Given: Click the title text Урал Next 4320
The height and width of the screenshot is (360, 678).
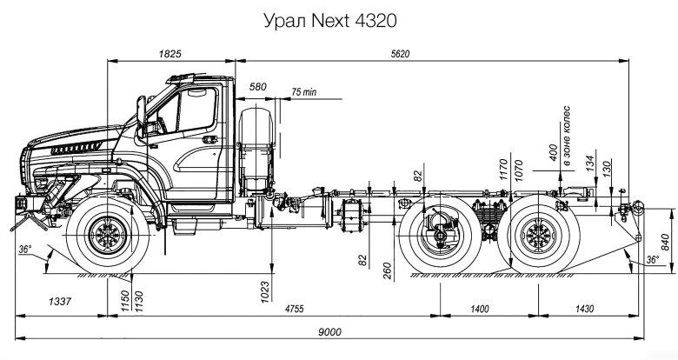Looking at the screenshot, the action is [x=330, y=21].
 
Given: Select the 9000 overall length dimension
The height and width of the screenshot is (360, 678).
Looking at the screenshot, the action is [x=329, y=332].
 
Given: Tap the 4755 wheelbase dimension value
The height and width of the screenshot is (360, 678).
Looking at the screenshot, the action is [x=294, y=309].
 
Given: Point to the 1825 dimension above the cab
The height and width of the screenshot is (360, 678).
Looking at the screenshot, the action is [x=169, y=54].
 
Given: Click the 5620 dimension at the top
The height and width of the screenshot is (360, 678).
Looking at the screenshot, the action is [x=400, y=54].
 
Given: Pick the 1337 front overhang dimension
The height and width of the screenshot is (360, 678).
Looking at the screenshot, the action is [x=59, y=301].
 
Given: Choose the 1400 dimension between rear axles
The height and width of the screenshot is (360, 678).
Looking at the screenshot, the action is [x=480, y=309].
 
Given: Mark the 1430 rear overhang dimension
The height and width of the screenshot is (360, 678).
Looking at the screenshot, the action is [x=584, y=309].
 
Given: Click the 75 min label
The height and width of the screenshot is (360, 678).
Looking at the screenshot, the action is [x=304, y=92].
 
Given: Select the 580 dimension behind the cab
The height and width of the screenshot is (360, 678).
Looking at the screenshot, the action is [x=257, y=87].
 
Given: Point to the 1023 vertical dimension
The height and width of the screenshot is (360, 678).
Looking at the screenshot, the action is [x=264, y=291].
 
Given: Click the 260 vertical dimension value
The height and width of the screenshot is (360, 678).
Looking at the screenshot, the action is [x=387, y=270].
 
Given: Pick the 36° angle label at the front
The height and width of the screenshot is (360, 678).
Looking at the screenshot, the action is [x=25, y=250].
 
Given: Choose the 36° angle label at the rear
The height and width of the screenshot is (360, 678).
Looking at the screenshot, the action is [x=653, y=259].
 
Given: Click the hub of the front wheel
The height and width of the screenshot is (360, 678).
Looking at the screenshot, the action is [x=107, y=235].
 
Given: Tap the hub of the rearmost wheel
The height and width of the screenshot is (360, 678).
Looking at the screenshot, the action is [x=538, y=235].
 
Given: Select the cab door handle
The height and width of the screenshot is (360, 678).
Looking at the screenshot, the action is [x=210, y=139].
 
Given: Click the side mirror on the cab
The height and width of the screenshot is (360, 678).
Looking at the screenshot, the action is [x=142, y=111].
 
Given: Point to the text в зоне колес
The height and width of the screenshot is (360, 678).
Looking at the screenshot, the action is [x=567, y=136].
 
